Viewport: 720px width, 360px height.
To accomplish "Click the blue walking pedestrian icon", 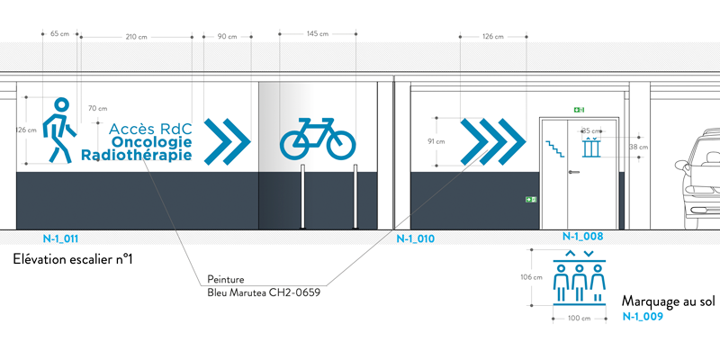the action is click(x=59, y=130).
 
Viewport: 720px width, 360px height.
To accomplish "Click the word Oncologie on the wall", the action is click(x=152, y=142).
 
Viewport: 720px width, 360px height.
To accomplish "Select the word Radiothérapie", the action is click(x=137, y=155).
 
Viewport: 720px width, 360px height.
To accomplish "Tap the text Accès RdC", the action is click(x=150, y=128).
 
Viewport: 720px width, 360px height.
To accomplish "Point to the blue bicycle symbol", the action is click(x=318, y=138).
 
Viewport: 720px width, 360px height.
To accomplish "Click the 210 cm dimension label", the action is click(x=137, y=37).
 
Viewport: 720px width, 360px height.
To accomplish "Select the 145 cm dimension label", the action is click(x=318, y=33).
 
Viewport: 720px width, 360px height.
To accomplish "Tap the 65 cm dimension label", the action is click(x=59, y=33).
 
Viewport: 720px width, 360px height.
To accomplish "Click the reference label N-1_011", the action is click(x=60, y=238).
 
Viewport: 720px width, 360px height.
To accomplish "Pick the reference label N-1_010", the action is click(x=416, y=238).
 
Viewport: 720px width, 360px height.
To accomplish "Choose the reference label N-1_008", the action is click(x=582, y=237).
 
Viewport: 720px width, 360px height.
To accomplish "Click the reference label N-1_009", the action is click(x=643, y=317).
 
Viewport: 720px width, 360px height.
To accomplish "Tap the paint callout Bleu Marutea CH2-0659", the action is click(x=264, y=292).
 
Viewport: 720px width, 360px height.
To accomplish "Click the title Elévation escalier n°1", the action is click(x=73, y=259).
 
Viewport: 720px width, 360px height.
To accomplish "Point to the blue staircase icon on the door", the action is click(x=554, y=149).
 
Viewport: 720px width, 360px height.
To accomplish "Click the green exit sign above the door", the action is click(x=579, y=109).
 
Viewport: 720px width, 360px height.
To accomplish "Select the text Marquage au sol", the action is click(x=669, y=301).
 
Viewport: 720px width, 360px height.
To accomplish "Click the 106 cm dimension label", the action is click(x=532, y=277).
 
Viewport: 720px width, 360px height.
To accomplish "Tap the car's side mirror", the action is click(x=681, y=165).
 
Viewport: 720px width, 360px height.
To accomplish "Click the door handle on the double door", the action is click(x=574, y=172).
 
